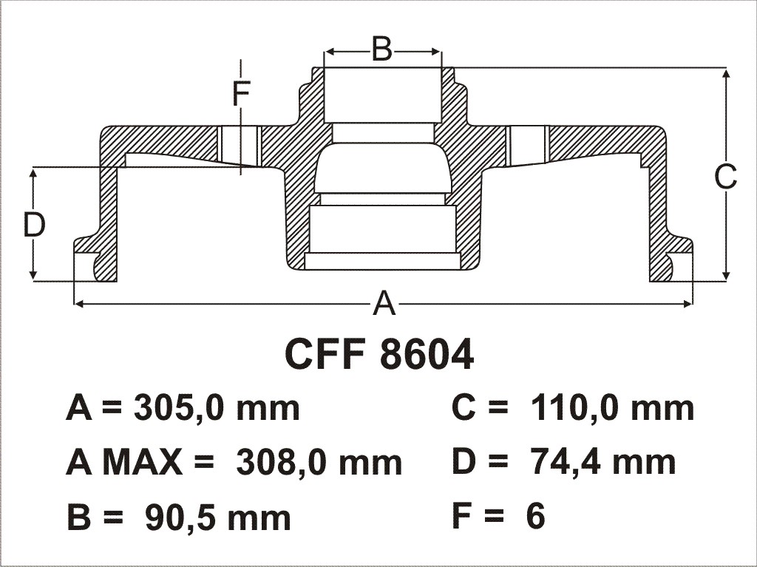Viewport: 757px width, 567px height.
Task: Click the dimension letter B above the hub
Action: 382,49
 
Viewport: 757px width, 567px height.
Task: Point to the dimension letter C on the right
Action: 726,177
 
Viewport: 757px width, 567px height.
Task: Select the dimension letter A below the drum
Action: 384,304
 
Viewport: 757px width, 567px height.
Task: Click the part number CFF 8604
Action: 379,355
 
